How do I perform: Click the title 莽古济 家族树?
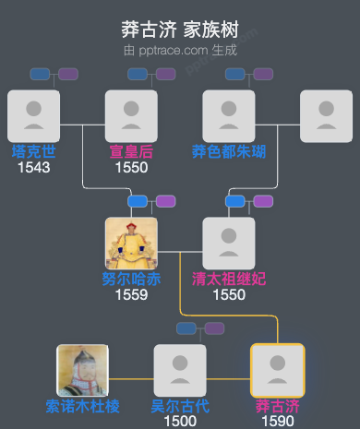coord(179,30)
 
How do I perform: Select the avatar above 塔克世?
coord(33,115)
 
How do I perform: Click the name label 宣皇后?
coord(131,151)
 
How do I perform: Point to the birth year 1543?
coord(33,167)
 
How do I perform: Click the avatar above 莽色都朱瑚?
coord(229,115)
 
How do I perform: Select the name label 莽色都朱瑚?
coord(229,151)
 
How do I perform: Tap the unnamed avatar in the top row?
coord(327,115)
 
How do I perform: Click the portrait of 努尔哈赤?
coord(131,243)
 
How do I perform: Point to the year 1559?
coord(131,295)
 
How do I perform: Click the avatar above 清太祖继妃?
coord(229,243)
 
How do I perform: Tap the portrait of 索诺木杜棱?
coord(83,370)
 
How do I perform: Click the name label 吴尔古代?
coord(180,406)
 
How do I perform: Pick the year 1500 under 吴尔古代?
coord(180,421)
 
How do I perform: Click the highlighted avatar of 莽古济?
coord(278,370)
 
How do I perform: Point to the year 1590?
coord(278,421)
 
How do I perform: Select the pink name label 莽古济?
coord(278,406)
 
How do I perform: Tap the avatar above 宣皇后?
coord(131,115)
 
